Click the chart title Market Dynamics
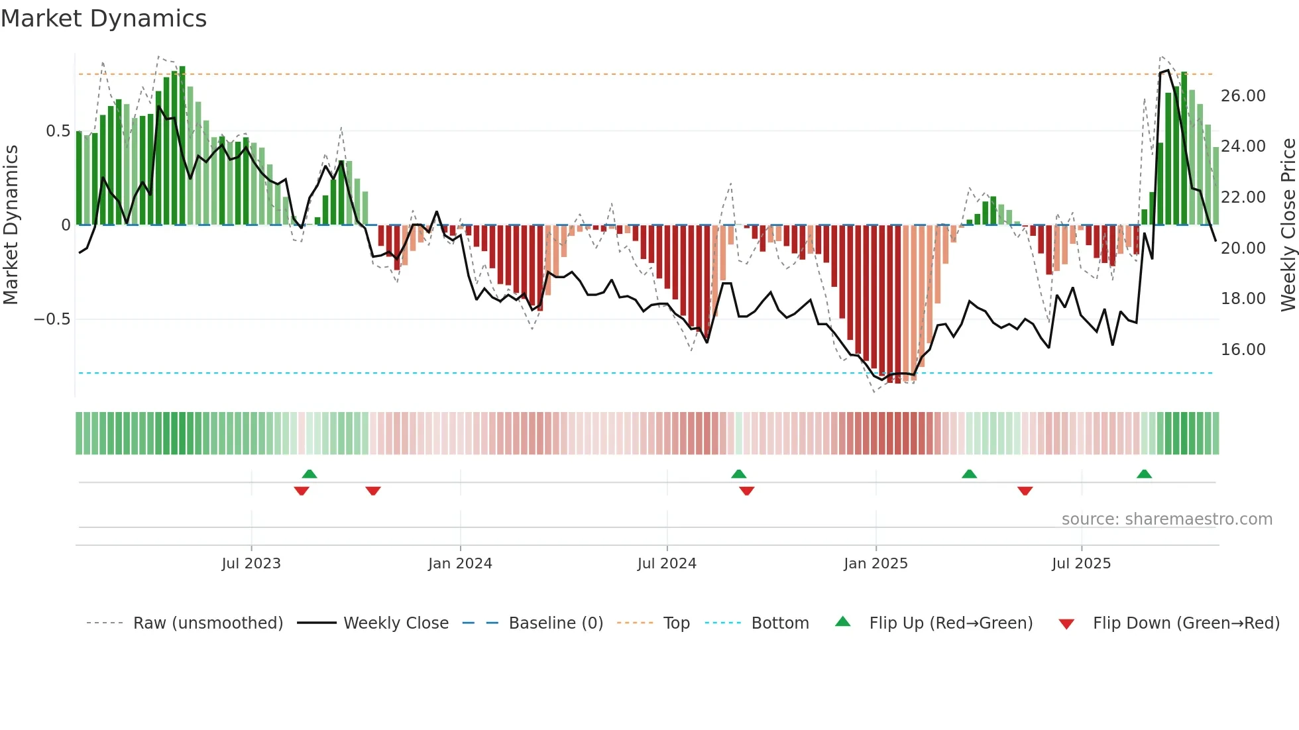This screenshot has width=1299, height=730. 103,19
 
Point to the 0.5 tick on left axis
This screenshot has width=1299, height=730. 58,131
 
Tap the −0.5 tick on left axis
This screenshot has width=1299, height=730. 52,319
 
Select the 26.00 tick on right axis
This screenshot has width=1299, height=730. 1243,96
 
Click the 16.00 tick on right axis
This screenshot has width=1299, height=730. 1243,350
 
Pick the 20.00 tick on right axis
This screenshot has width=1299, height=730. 1243,248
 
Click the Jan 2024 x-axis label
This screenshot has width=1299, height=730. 460,564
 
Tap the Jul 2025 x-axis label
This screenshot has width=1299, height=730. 1081,564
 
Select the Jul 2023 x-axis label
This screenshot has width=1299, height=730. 251,564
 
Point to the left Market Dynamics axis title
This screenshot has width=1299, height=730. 11,225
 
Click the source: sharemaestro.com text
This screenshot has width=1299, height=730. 1166,519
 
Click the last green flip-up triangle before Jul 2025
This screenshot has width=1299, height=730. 969,474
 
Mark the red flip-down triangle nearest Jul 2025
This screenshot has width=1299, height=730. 1025,491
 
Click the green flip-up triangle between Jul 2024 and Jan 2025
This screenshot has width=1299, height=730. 738,474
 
